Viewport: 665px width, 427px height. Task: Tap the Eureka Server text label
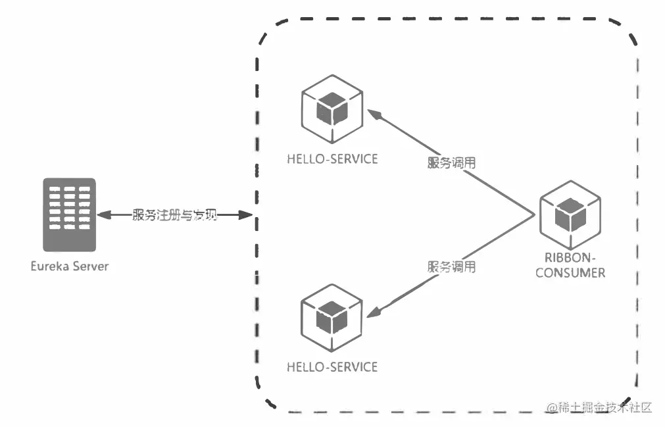tap(69, 266)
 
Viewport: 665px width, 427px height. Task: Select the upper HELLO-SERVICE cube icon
tap(332, 108)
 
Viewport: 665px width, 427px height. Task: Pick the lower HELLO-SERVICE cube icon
tap(332, 315)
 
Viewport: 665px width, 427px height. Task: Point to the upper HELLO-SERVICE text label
tap(332, 159)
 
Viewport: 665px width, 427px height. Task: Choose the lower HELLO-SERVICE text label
tap(332, 366)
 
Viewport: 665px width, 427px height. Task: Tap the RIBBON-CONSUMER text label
tap(570, 265)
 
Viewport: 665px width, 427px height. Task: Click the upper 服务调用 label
tap(451, 164)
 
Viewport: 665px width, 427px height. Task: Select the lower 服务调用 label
tap(451, 267)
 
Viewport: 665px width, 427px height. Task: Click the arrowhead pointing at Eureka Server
tap(103, 215)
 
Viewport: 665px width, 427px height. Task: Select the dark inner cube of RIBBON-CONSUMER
tap(570, 214)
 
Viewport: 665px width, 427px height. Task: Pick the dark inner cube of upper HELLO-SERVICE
tap(332, 109)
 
